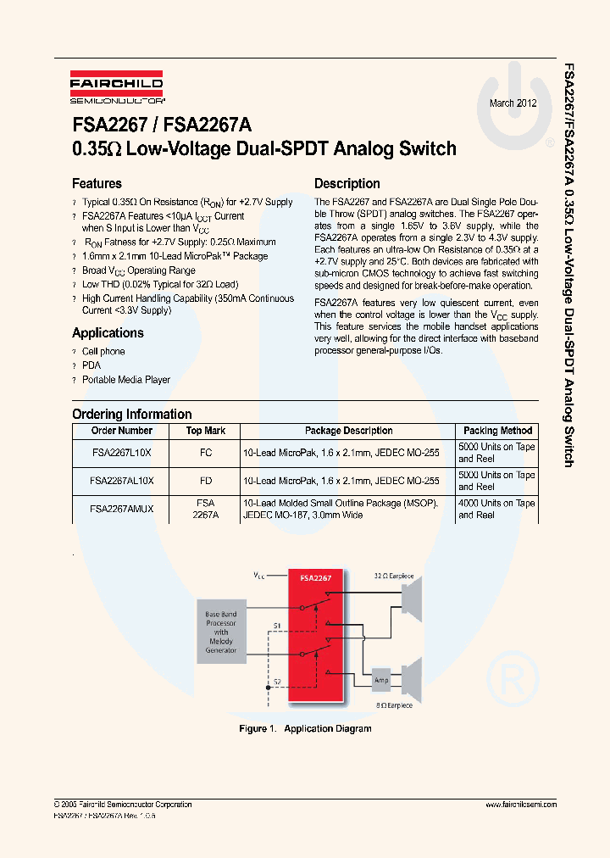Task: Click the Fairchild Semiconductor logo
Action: [x=117, y=88]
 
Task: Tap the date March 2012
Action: [x=513, y=103]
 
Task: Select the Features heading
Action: [x=97, y=184]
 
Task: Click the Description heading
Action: [x=347, y=184]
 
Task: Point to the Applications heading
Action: [x=108, y=333]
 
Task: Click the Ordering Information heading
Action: [x=131, y=415]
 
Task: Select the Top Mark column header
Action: [x=206, y=431]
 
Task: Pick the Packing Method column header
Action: [x=497, y=431]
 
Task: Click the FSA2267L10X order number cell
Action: [x=121, y=453]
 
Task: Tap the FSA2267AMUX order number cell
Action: [x=121, y=509]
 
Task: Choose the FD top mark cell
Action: [x=206, y=481]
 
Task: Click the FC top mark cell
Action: [x=206, y=453]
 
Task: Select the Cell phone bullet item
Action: [x=103, y=351]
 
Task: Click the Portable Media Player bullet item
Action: [x=126, y=380]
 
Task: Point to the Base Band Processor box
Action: [x=221, y=632]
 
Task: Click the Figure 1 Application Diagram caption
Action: [x=305, y=728]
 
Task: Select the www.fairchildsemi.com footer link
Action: [x=521, y=805]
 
